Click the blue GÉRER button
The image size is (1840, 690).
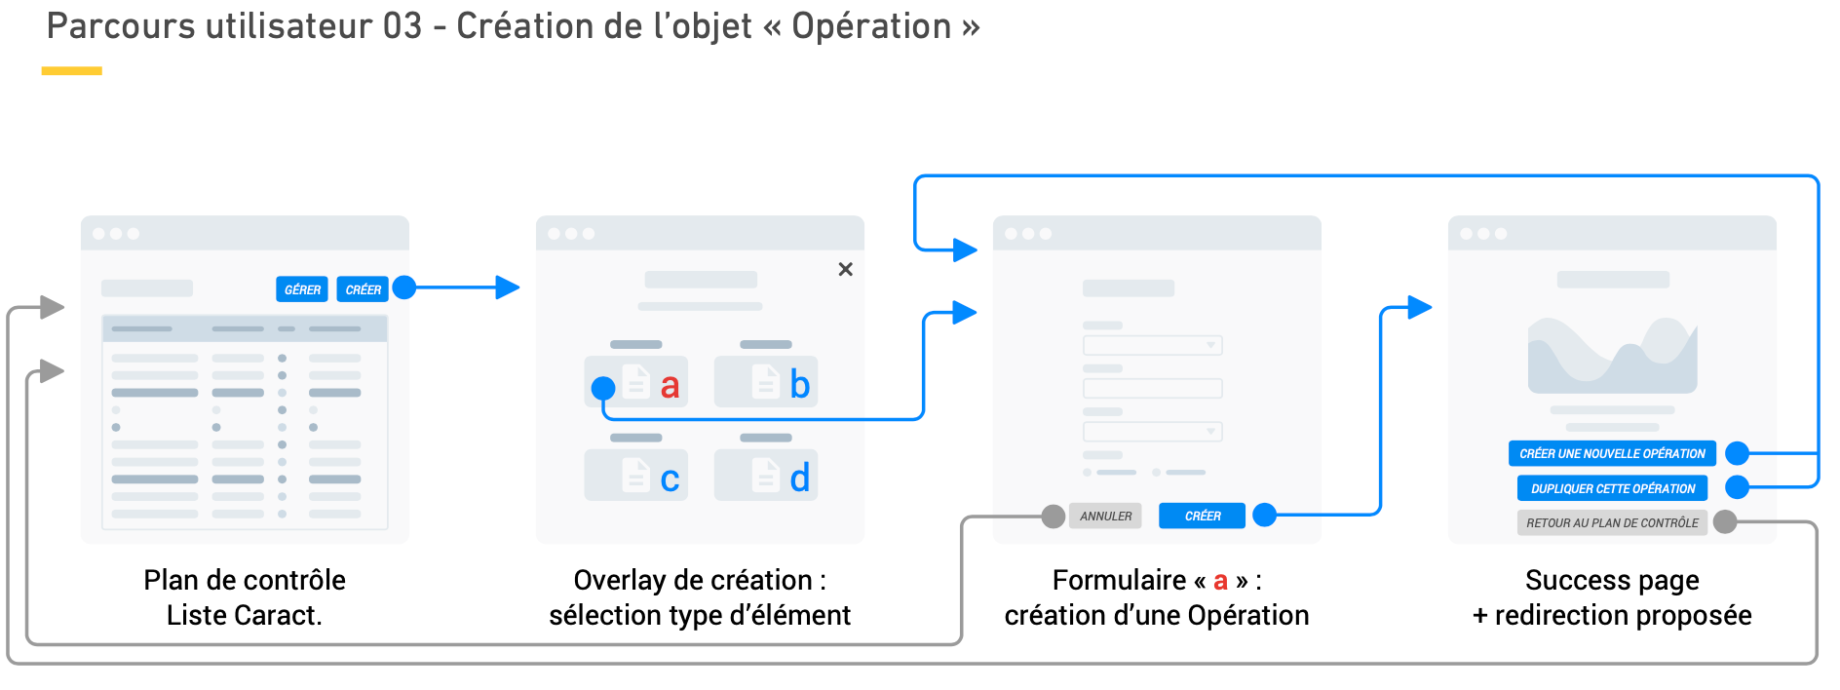point(302,289)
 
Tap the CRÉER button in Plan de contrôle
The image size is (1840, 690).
point(363,289)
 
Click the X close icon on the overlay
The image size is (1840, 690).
point(845,269)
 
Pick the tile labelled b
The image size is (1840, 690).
point(766,382)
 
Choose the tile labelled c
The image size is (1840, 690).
point(636,476)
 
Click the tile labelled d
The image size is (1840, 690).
point(766,476)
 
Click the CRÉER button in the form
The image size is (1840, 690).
point(1202,516)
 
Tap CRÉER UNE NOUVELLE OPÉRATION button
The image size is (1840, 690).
point(1612,453)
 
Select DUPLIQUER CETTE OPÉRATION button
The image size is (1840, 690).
point(1612,488)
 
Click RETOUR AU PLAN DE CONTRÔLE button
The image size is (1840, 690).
point(1612,522)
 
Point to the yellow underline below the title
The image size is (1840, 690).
point(71,70)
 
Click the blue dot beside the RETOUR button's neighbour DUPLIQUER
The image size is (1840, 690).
point(1737,487)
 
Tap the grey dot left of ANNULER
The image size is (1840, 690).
point(1053,517)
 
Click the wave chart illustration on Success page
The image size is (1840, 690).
point(1612,356)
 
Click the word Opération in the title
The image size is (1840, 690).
point(871,27)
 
